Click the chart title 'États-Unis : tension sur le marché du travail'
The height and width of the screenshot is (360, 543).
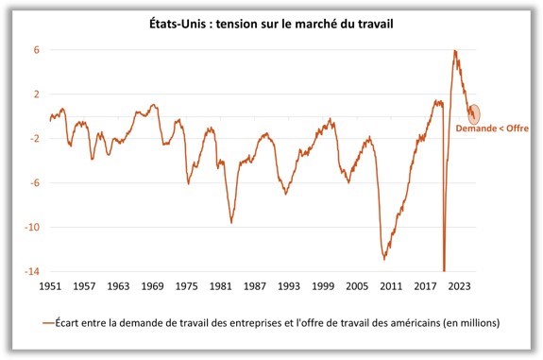tap(272, 24)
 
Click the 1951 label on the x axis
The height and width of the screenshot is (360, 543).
tap(51, 284)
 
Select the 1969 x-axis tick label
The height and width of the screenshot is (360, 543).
tap(152, 284)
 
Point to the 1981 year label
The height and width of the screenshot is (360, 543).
tap(220, 284)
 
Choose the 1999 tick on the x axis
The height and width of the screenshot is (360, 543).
tap(322, 284)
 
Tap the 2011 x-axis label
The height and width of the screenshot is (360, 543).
tap(390, 284)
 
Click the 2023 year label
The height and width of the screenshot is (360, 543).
tap(458, 284)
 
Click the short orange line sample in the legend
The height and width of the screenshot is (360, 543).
tap(47, 323)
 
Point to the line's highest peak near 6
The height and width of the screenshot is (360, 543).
tap(455, 51)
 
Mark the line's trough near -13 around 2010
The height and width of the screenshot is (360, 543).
tap(384, 259)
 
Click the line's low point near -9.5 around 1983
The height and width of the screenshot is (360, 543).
tap(231, 223)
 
